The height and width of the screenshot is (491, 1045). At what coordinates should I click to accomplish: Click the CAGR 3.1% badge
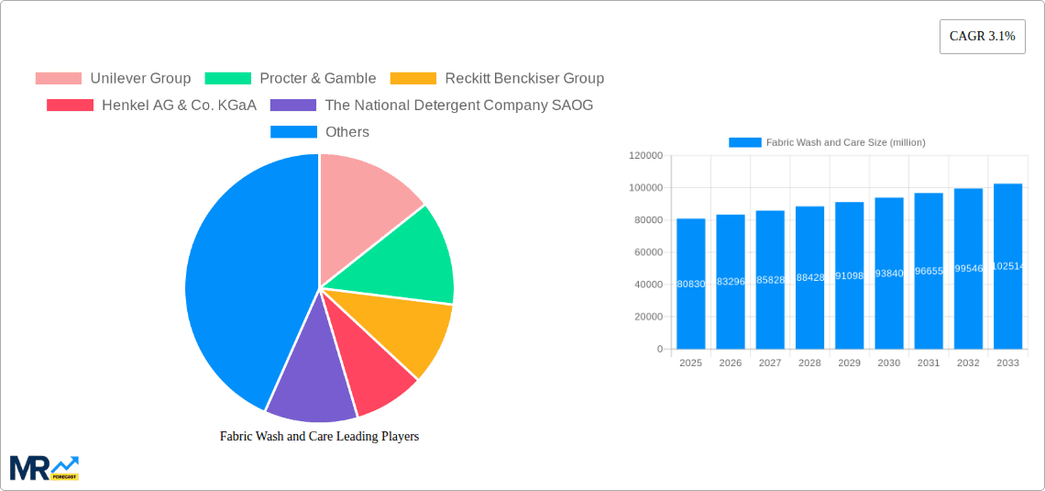(982, 37)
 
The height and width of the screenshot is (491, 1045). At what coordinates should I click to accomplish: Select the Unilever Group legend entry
(113, 78)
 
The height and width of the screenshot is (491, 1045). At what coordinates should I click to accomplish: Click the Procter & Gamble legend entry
(291, 78)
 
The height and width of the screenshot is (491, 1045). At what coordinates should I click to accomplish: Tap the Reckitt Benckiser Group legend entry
(497, 78)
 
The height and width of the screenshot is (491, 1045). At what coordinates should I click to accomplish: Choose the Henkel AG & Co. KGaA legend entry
(151, 105)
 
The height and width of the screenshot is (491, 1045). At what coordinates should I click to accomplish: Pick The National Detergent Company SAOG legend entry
(432, 105)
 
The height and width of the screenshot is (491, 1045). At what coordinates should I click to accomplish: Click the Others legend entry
(320, 131)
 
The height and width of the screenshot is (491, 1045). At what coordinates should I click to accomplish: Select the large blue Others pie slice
(238, 275)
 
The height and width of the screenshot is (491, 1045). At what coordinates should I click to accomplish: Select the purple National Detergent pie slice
(307, 381)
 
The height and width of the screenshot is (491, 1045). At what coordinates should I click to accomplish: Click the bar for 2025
(690, 284)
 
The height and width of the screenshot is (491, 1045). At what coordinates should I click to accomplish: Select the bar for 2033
(1007, 266)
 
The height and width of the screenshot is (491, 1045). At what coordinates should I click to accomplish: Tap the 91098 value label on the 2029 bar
(849, 274)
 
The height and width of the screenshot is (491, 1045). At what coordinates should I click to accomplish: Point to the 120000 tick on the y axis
(645, 156)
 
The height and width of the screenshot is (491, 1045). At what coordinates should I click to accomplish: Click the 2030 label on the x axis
(888, 363)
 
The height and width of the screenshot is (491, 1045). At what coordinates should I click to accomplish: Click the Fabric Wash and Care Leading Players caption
(319, 436)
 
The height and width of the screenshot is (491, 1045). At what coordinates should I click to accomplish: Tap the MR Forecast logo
(44, 467)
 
